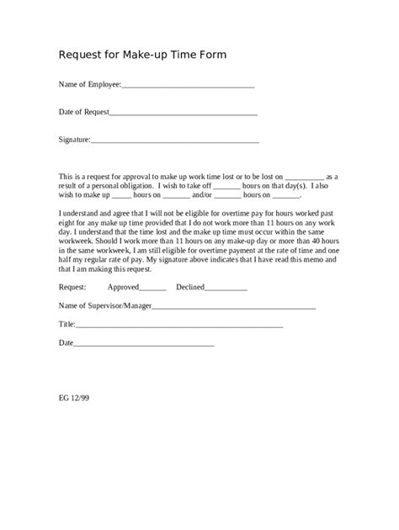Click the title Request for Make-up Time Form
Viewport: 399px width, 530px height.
[142, 55]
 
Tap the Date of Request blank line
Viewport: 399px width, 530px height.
[183, 113]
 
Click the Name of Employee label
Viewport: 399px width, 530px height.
[89, 84]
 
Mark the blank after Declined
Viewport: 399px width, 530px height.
[226, 289]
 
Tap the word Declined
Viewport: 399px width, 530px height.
[190, 287]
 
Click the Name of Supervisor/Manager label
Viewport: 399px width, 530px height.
[105, 305]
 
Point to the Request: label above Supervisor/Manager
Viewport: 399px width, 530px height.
[72, 287]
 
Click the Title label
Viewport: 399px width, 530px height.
[66, 324]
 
